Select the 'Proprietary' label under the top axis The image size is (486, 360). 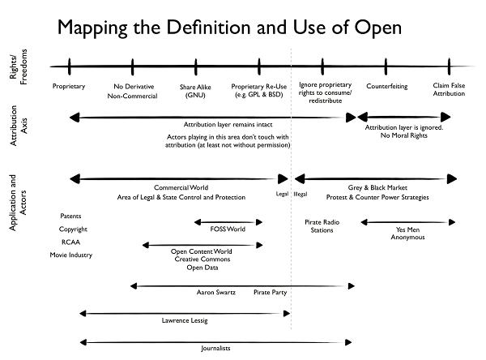[69, 86]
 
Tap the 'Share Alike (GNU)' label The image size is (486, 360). [195, 91]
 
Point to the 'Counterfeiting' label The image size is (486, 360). [386, 86]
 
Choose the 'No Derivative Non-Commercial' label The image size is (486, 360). [131, 91]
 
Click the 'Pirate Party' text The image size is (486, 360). [270, 291]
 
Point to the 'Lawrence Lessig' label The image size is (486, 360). [185, 321]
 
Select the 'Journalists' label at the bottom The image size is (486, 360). [215, 349]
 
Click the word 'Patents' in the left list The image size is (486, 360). [70, 216]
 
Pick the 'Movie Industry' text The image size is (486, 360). [70, 255]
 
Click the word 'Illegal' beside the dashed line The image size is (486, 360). [301, 195]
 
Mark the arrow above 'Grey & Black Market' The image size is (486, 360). [376, 178]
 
